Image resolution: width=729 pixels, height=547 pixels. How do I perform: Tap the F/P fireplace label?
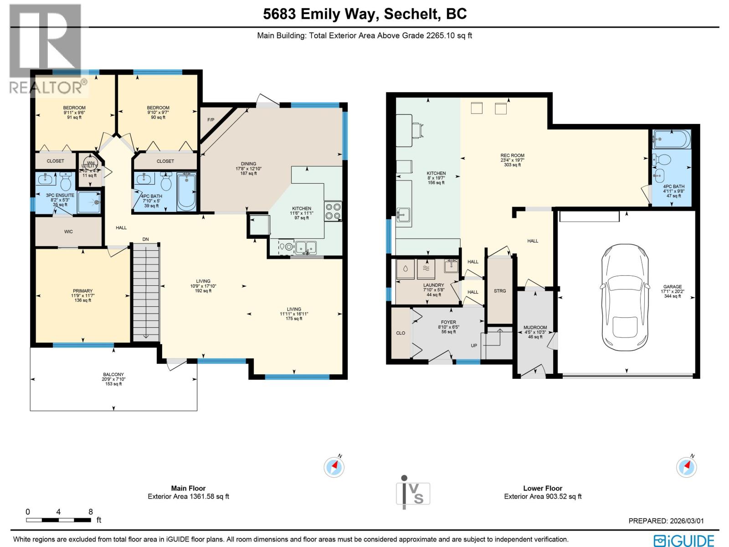point(210,120)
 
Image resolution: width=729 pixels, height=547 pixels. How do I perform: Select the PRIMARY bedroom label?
point(82,291)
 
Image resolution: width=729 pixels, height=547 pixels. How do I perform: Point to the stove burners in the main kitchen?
point(333,211)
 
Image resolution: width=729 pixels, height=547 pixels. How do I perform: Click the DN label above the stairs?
point(145,239)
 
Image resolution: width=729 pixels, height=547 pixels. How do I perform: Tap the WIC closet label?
point(68,232)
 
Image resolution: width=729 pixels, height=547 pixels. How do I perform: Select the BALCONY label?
point(113,375)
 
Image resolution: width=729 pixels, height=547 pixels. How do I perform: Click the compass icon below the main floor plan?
point(334,467)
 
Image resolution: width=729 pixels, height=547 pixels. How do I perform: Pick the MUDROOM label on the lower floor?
point(535,327)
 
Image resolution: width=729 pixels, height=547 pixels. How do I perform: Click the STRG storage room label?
point(500,291)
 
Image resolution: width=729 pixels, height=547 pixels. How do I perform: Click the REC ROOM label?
point(512,155)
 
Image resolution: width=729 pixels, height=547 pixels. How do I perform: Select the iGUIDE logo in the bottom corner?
point(684,541)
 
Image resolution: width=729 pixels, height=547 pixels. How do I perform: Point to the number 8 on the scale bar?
point(91,512)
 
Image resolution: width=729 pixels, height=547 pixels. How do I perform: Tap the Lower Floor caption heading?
point(543,488)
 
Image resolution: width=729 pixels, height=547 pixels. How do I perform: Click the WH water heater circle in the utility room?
point(91,163)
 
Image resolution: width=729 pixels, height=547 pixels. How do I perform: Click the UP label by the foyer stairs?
point(474,346)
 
